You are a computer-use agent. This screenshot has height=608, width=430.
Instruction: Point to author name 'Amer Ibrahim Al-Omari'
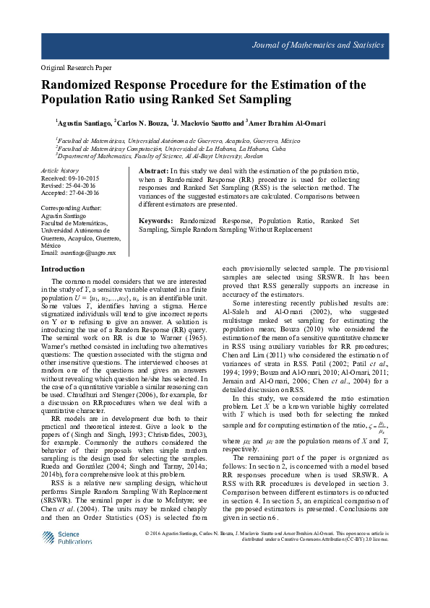[x=278, y=123]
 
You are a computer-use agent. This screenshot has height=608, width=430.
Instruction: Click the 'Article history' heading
[x=60, y=170]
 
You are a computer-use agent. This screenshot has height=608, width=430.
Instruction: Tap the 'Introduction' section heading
[x=63, y=269]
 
